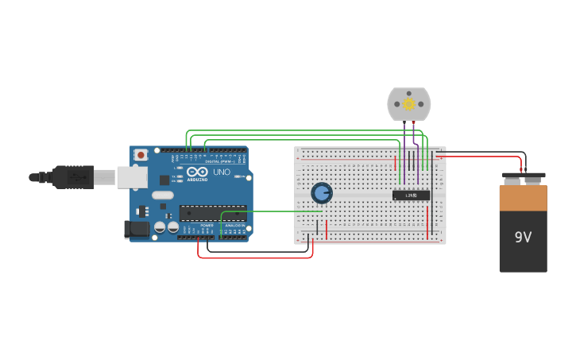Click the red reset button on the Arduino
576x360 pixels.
[141, 154]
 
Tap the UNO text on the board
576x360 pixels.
[222, 172]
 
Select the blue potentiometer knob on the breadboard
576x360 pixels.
[321, 193]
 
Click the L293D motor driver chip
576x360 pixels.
[411, 195]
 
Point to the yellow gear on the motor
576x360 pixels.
[409, 103]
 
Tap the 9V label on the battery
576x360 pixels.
[523, 237]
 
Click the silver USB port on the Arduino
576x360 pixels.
[132, 177]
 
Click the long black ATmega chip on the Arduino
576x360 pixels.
[212, 212]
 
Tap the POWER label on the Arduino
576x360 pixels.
[207, 226]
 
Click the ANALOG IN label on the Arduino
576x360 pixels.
[234, 226]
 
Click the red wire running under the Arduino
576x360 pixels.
[254, 257]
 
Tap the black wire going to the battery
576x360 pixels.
[485, 151]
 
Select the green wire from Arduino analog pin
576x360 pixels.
[270, 211]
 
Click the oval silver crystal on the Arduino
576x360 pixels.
[163, 195]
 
